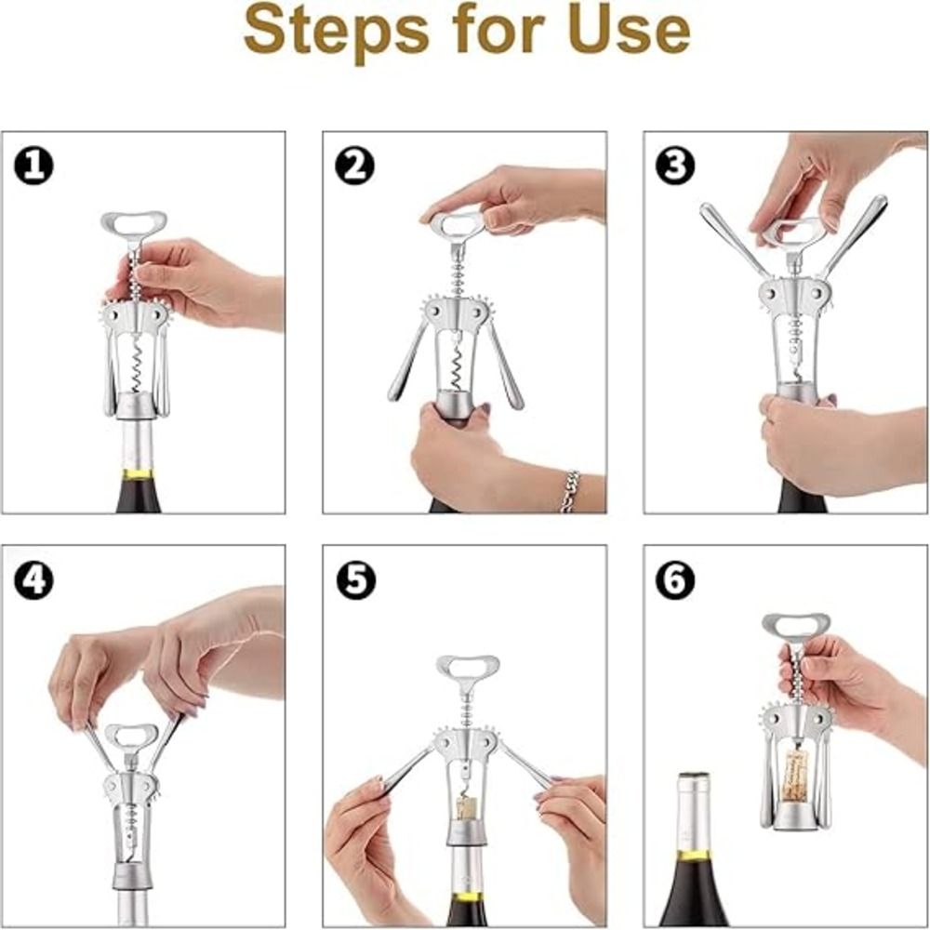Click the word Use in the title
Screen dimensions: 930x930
click(630, 29)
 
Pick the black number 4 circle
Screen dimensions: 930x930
click(33, 579)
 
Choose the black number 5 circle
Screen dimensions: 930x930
click(355, 579)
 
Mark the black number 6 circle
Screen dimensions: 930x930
click(675, 579)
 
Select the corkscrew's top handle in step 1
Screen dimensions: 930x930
click(134, 222)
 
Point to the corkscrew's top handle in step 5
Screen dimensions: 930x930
click(466, 666)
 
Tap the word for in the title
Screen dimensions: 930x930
click(498, 29)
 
